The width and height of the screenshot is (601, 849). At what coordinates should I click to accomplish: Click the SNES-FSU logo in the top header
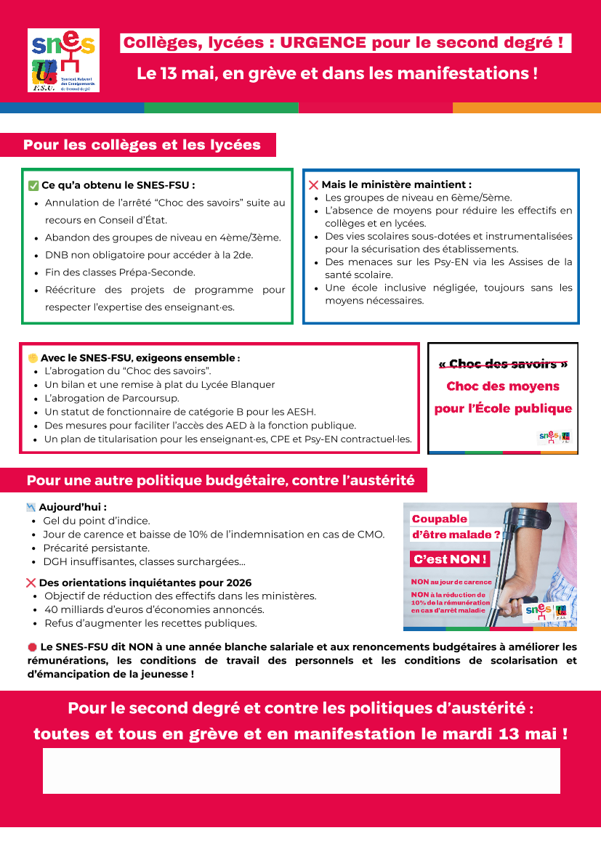(63, 60)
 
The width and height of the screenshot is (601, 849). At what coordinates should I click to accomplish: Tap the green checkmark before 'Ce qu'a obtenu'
(33, 185)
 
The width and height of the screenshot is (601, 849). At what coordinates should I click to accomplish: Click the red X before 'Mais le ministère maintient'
(313, 185)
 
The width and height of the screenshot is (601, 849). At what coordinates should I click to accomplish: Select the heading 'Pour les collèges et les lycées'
(142, 145)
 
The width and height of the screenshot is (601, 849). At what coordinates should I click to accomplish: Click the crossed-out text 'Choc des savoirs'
(503, 364)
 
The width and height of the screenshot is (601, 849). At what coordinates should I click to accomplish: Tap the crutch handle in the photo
(531, 517)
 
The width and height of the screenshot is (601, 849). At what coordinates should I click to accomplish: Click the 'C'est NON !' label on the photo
(449, 559)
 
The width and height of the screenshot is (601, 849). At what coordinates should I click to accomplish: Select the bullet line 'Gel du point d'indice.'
(97, 521)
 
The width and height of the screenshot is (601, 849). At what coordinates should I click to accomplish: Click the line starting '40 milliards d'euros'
(154, 609)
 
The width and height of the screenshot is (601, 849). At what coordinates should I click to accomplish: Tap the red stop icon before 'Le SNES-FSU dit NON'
(32, 646)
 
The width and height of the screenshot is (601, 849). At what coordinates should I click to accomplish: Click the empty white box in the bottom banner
(301, 771)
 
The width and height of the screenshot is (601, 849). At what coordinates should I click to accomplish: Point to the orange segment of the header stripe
(526, 107)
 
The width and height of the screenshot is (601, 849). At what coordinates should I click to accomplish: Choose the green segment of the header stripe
(221, 107)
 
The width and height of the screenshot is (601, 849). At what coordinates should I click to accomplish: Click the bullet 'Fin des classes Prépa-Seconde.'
(120, 272)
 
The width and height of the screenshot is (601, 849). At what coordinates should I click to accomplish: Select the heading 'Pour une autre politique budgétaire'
(220, 480)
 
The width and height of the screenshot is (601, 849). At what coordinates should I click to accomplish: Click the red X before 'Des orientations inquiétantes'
(31, 582)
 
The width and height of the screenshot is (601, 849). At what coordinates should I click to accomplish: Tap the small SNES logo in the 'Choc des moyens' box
(546, 436)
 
